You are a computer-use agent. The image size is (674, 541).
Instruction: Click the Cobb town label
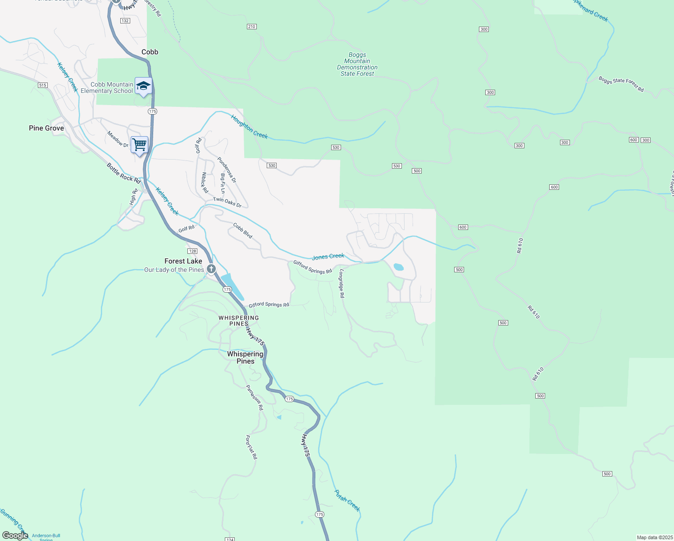(x=150, y=52)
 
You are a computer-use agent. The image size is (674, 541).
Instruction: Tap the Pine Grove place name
(x=46, y=128)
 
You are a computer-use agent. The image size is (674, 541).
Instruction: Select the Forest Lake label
(x=183, y=261)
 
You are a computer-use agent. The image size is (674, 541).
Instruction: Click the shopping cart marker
(x=140, y=145)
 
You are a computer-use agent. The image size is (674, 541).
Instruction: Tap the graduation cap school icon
(x=143, y=86)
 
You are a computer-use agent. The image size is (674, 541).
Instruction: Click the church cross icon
(x=211, y=269)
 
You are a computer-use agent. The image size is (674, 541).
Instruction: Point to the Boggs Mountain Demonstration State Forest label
(x=357, y=64)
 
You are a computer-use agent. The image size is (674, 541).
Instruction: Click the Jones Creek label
(x=328, y=257)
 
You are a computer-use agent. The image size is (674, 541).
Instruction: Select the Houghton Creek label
(x=249, y=127)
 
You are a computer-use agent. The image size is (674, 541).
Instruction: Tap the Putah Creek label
(x=347, y=500)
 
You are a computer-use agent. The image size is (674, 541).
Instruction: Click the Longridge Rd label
(x=342, y=283)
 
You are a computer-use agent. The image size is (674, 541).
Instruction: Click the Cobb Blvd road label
(x=242, y=230)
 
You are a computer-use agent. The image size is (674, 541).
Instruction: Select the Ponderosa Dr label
(x=227, y=170)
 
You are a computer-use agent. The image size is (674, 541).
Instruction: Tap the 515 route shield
(x=43, y=85)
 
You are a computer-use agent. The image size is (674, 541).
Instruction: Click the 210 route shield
(x=252, y=27)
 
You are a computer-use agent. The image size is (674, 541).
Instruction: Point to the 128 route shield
(x=193, y=251)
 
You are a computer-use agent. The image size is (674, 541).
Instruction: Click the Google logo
(x=15, y=536)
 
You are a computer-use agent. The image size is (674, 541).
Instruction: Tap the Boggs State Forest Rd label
(x=621, y=84)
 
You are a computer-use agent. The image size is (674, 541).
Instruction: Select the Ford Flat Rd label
(x=251, y=447)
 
